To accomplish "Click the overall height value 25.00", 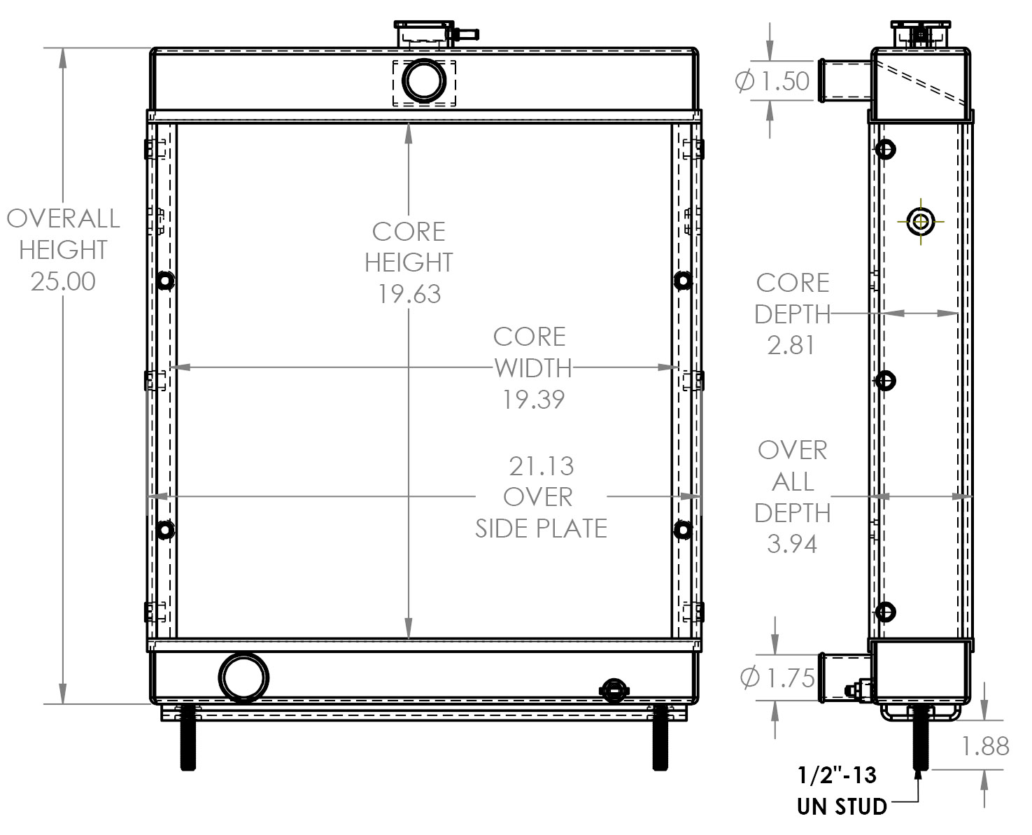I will [63, 281].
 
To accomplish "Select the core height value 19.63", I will [409, 294].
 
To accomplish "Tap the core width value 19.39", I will [533, 400].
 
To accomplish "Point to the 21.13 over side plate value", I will [541, 466].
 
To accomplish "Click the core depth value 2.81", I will [791, 345].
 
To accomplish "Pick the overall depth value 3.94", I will [791, 544].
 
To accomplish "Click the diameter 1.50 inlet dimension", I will [773, 81].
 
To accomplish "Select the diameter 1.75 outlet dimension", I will [777, 678].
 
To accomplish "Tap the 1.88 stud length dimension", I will [985, 746].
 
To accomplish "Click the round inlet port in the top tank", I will [424, 81].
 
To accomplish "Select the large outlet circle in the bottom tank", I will [243, 678].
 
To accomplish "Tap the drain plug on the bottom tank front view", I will [614, 691].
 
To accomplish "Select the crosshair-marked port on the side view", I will [921, 222].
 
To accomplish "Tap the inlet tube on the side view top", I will [844, 81].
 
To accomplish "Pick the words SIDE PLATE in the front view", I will [541, 528].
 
